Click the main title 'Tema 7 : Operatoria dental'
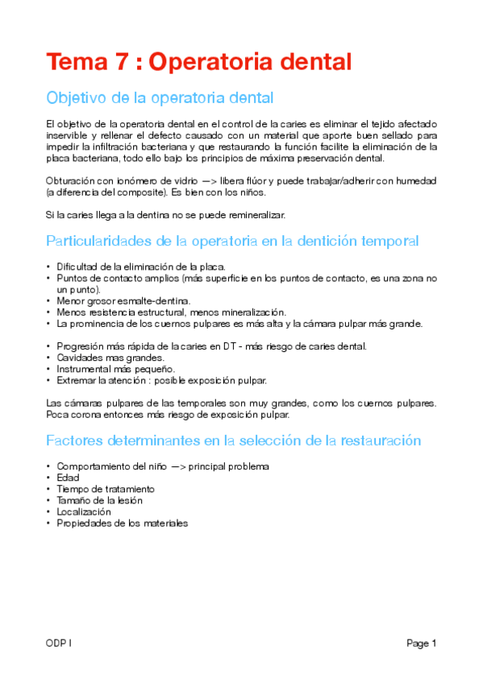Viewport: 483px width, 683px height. tap(199, 62)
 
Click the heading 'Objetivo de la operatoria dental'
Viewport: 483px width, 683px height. tap(160, 98)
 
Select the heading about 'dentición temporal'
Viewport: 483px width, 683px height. tap(232, 241)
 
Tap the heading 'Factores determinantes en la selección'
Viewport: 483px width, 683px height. tap(233, 441)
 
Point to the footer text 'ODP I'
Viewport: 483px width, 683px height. tap(60, 644)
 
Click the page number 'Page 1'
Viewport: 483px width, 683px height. tap(421, 644)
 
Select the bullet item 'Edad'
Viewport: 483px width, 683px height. tap(68, 478)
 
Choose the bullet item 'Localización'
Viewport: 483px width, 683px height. tap(84, 511)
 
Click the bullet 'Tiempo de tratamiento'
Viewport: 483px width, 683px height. tap(105, 489)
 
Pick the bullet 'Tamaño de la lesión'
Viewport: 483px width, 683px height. tap(99, 500)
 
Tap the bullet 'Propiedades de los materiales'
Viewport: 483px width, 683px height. tap(122, 523)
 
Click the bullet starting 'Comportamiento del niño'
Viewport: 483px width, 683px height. tap(162, 466)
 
